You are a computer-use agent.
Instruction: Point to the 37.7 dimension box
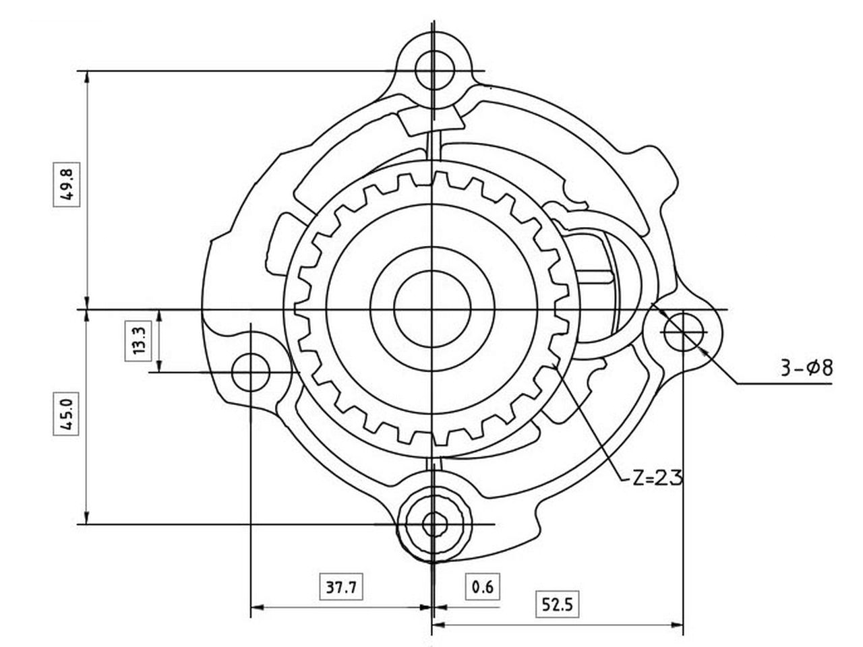pos(341,587)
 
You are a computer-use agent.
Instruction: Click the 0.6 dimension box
pos(483,587)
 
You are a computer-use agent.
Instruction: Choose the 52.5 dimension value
pos(557,605)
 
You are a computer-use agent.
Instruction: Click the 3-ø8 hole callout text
pos(806,368)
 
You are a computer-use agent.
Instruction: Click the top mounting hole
pos(434,70)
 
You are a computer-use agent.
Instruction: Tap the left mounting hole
pos(251,371)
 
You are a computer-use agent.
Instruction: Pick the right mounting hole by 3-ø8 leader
pos(683,331)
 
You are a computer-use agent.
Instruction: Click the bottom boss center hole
pos(434,524)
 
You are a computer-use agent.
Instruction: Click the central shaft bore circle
pos(432,309)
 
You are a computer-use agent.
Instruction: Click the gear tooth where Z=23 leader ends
pos(554,365)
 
